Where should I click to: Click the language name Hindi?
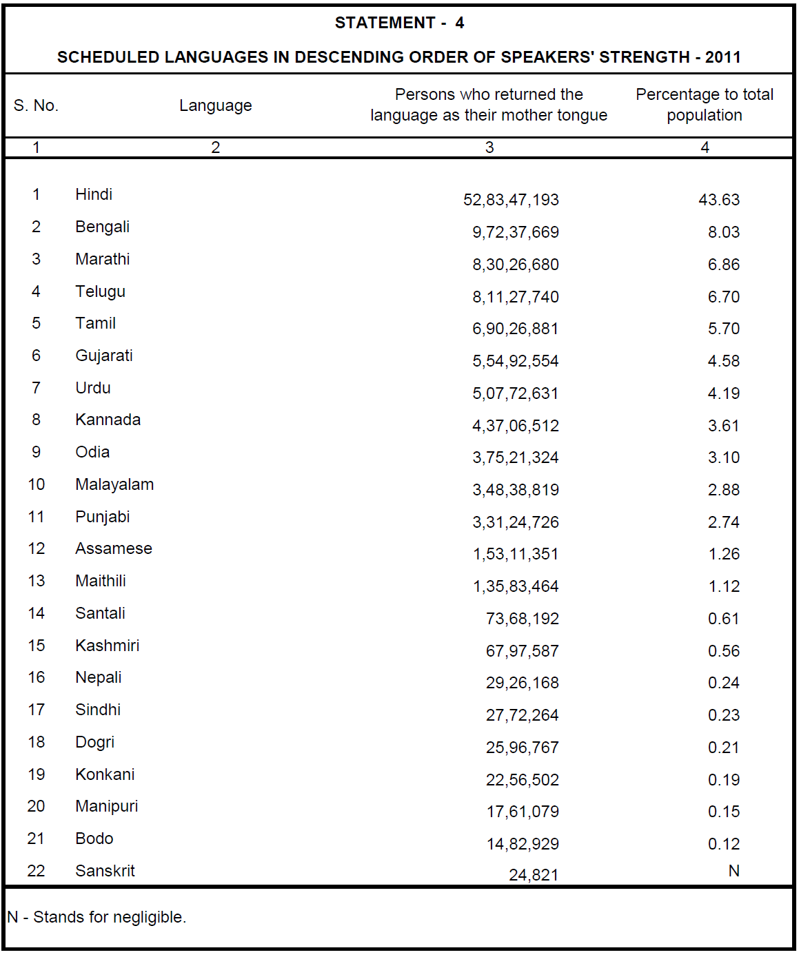point(94,194)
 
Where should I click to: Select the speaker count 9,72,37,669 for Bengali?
point(515,232)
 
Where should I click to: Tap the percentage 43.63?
point(718,200)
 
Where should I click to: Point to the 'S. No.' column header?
point(36,105)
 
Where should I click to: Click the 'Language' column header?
point(215,105)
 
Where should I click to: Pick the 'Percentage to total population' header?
point(704,105)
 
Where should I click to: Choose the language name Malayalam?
point(114,484)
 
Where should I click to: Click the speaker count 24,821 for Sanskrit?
point(533,875)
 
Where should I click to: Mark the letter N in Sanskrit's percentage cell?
point(734,871)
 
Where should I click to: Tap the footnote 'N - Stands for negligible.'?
point(97,917)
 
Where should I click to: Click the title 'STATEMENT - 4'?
point(399,23)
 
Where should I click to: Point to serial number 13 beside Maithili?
point(36,581)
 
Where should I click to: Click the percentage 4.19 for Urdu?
point(723,393)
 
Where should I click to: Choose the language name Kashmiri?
point(107,646)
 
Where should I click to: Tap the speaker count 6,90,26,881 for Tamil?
point(515,329)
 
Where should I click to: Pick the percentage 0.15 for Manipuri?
point(723,812)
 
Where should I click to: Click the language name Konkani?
point(105,774)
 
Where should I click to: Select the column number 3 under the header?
point(489,147)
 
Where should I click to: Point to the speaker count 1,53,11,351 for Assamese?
point(515,554)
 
